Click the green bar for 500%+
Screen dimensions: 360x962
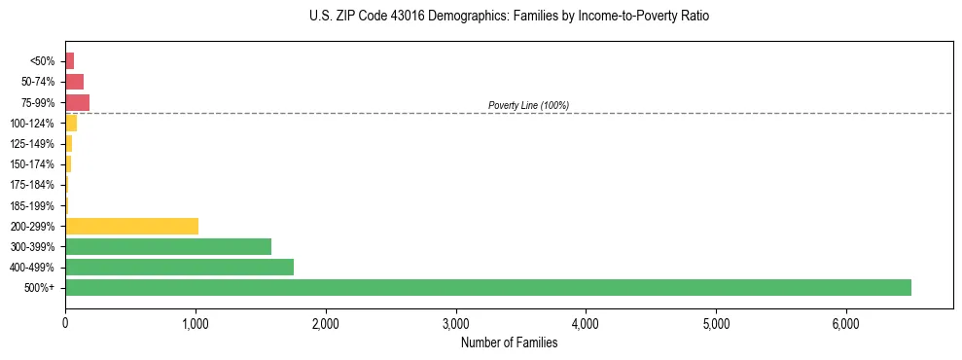486,287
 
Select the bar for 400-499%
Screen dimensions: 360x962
179,267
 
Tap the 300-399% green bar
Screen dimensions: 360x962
167,246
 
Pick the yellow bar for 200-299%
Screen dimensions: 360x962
131,226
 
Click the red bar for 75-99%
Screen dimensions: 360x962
77,102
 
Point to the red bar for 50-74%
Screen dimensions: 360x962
74,82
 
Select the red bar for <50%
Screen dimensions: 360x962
69,61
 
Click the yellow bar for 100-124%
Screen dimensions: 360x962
71,123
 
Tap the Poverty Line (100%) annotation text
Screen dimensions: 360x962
528,105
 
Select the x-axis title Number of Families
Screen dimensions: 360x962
509,342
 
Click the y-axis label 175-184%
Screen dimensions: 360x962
32,185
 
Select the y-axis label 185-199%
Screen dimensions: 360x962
32,205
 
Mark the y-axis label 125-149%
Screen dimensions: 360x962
32,144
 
